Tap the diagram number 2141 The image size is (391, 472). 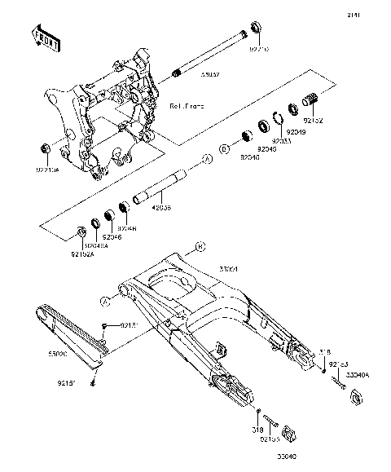[x=376, y=15]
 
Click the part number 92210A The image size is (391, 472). [x=47, y=170]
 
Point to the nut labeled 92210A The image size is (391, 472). [x=46, y=149]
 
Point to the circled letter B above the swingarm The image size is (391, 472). [x=200, y=245]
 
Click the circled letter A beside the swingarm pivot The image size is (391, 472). [x=105, y=301]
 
